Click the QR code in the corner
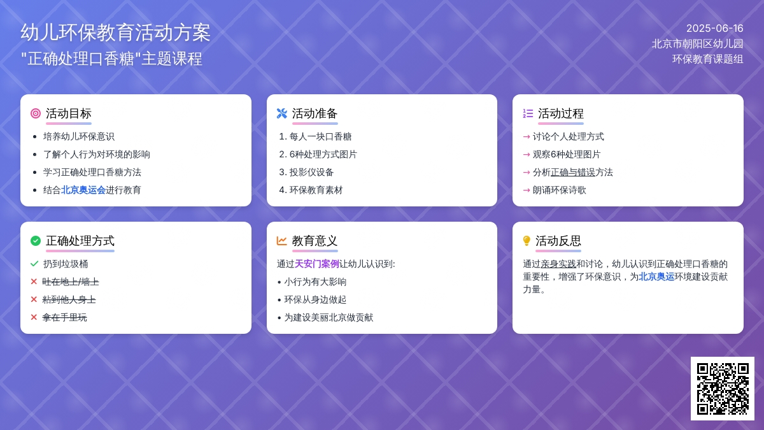click(x=723, y=389)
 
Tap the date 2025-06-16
click(x=714, y=28)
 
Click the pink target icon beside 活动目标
click(x=36, y=113)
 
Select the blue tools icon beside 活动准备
click(x=281, y=113)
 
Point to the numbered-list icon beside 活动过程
click(x=528, y=113)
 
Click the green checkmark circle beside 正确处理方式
click(x=36, y=241)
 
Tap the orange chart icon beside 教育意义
click(x=281, y=241)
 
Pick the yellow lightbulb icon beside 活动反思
click(x=527, y=241)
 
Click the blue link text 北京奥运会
click(x=83, y=190)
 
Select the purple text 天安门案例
click(x=316, y=264)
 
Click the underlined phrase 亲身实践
click(x=558, y=264)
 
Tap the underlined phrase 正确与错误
click(x=572, y=173)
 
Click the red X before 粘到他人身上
click(x=34, y=299)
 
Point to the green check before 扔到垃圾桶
click(x=34, y=264)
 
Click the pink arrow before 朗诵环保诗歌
click(x=527, y=190)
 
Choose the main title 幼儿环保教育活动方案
click(x=116, y=32)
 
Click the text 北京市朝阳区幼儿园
click(x=698, y=44)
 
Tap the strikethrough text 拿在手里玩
click(x=64, y=317)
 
